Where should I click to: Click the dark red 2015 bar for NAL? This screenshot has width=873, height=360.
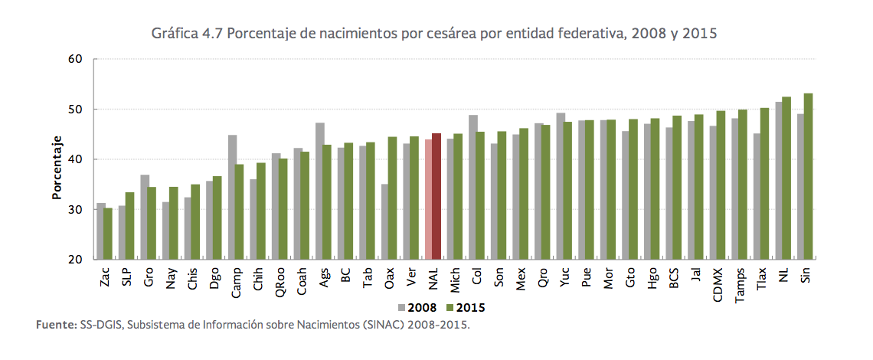click(436, 197)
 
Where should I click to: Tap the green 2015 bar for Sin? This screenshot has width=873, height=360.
click(808, 176)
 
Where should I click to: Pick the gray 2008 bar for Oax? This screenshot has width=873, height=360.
click(384, 222)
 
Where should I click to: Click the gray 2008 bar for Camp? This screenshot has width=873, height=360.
click(232, 198)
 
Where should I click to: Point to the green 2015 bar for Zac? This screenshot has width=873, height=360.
click(108, 234)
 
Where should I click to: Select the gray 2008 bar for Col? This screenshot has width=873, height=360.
click(472, 188)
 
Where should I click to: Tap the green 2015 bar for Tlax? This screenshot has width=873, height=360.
click(764, 184)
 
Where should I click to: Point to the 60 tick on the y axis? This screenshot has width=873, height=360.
click(74, 58)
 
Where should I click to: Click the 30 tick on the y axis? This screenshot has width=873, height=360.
click(74, 209)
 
